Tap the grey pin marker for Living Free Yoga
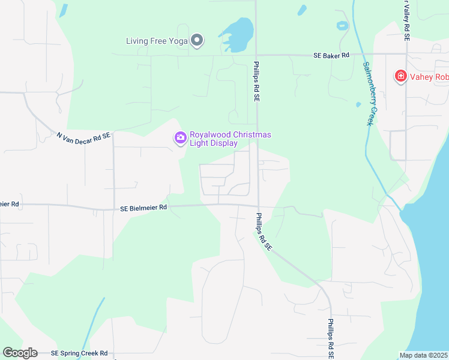(x=197, y=41)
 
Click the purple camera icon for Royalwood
(x=180, y=139)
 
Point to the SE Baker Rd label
(x=331, y=55)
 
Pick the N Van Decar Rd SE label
(x=84, y=137)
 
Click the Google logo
(x=20, y=353)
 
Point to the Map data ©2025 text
(x=423, y=355)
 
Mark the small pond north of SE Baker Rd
(x=343, y=25)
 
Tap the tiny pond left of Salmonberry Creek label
(x=358, y=104)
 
